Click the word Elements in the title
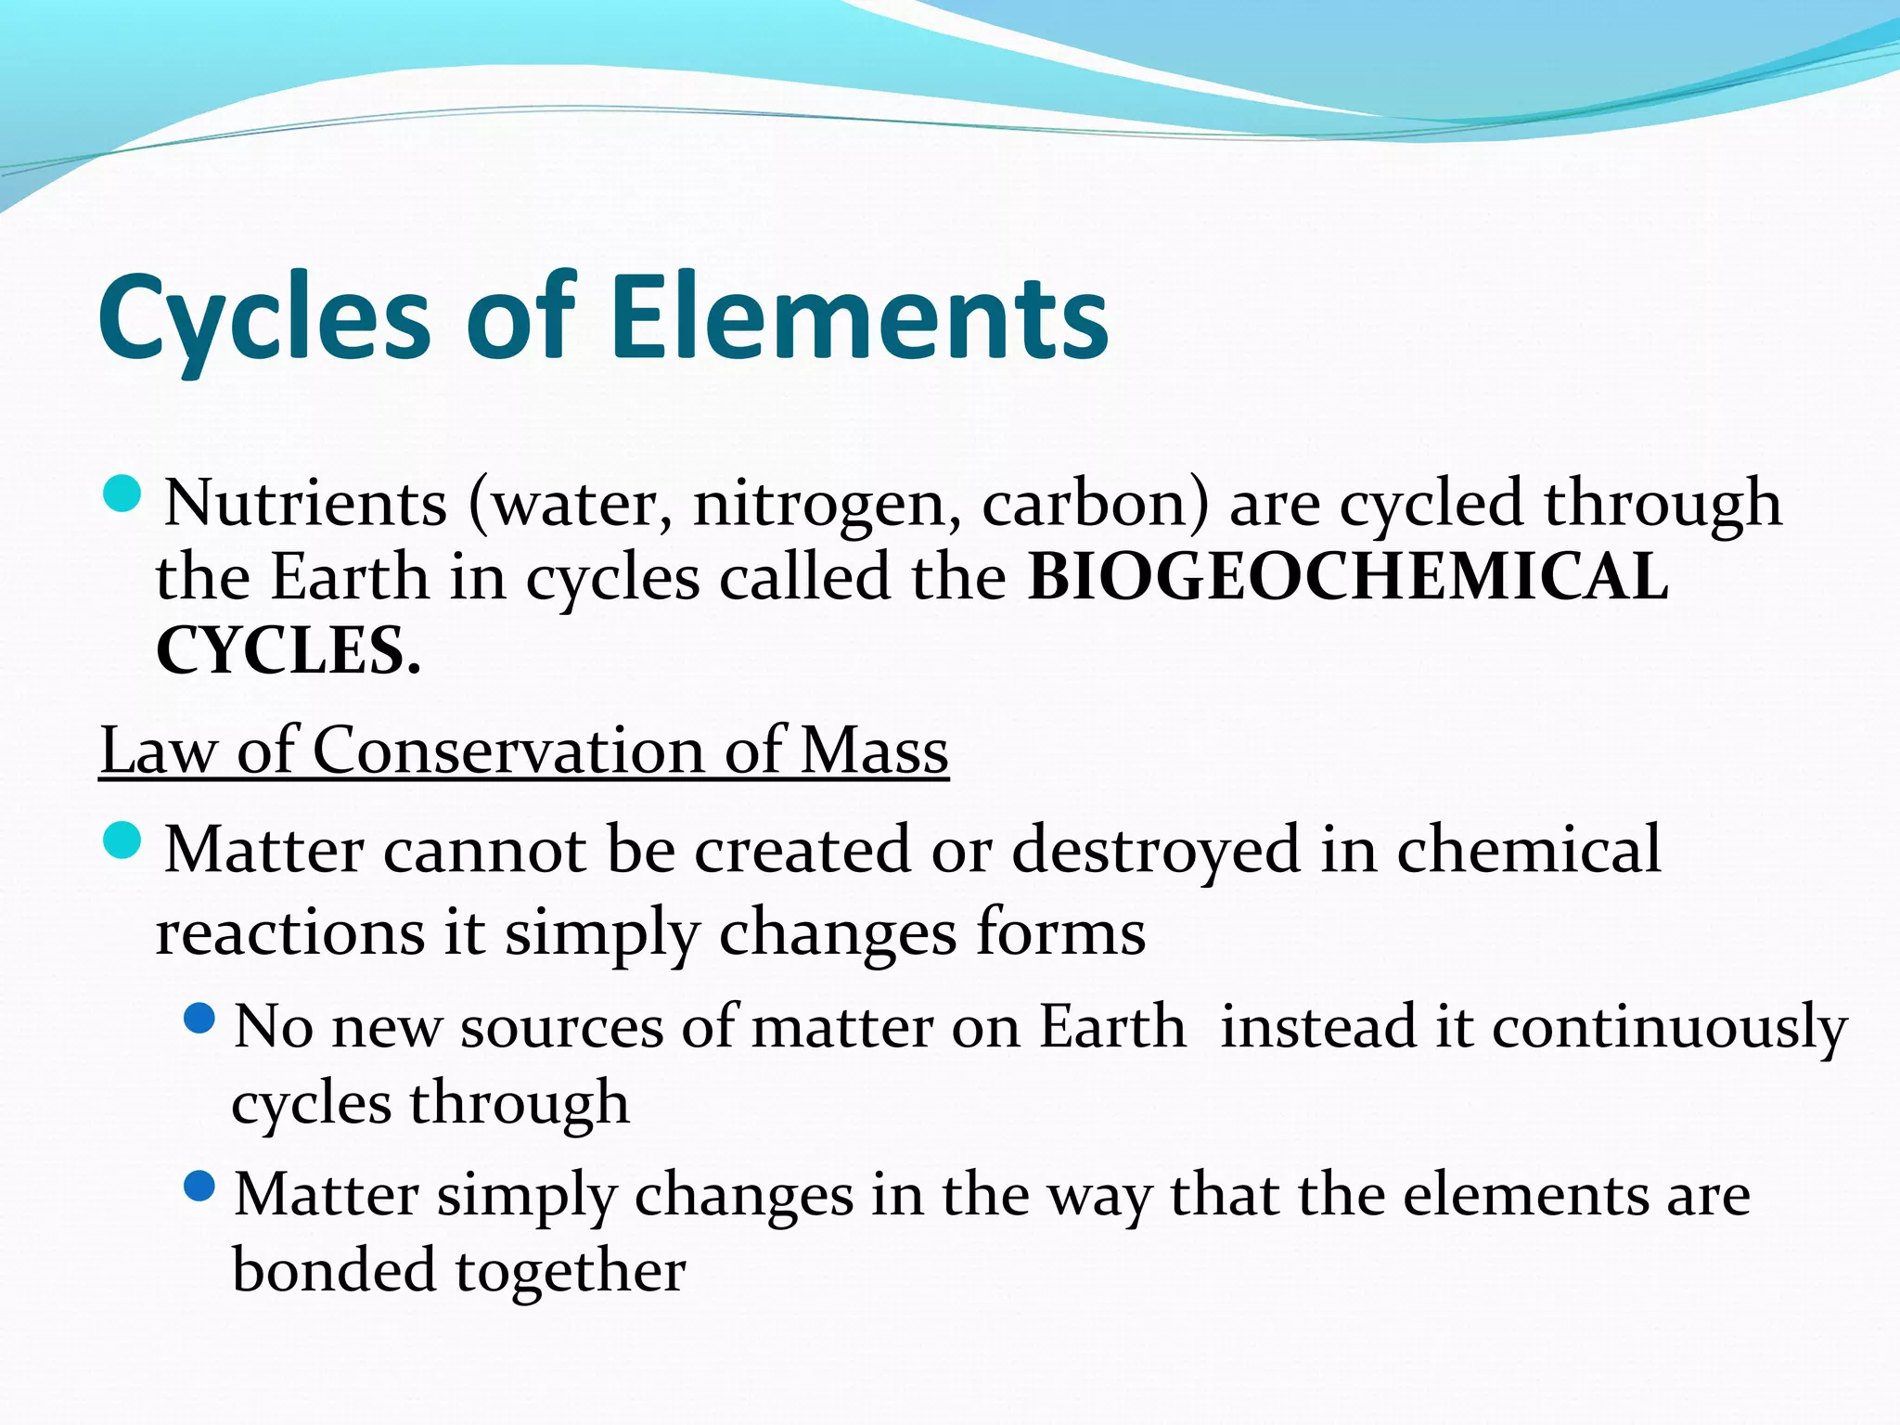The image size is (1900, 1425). pos(858,317)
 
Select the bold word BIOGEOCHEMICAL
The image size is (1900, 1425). pos(1348,577)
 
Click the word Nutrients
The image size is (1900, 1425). pos(305,503)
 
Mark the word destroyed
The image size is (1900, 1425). pos(1155,851)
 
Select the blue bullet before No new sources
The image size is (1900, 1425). pos(199,1020)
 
